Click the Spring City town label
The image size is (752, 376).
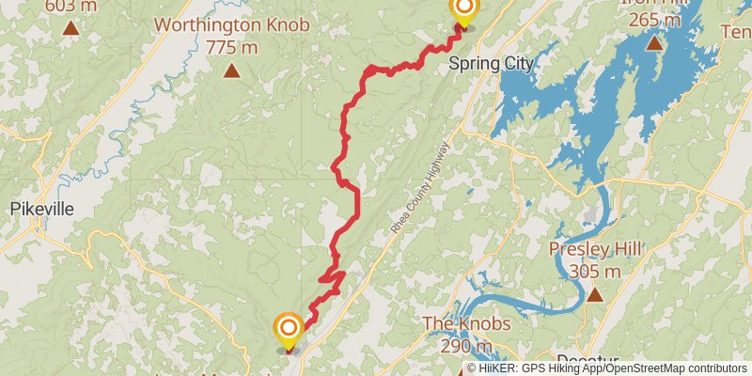[491, 64]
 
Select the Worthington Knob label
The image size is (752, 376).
[232, 23]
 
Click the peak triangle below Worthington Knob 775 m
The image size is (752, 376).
[231, 70]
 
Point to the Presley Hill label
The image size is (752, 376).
[595, 249]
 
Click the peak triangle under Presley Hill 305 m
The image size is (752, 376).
[595, 294]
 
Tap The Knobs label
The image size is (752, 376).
[466, 324]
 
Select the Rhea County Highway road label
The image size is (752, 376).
[418, 188]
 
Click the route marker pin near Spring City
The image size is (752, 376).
[463, 9]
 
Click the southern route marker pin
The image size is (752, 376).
[289, 328]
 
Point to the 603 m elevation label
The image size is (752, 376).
[70, 6]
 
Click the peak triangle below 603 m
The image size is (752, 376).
[70, 28]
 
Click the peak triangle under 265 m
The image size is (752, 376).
[654, 43]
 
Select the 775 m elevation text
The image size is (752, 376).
[232, 46]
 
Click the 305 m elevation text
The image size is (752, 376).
[595, 272]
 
